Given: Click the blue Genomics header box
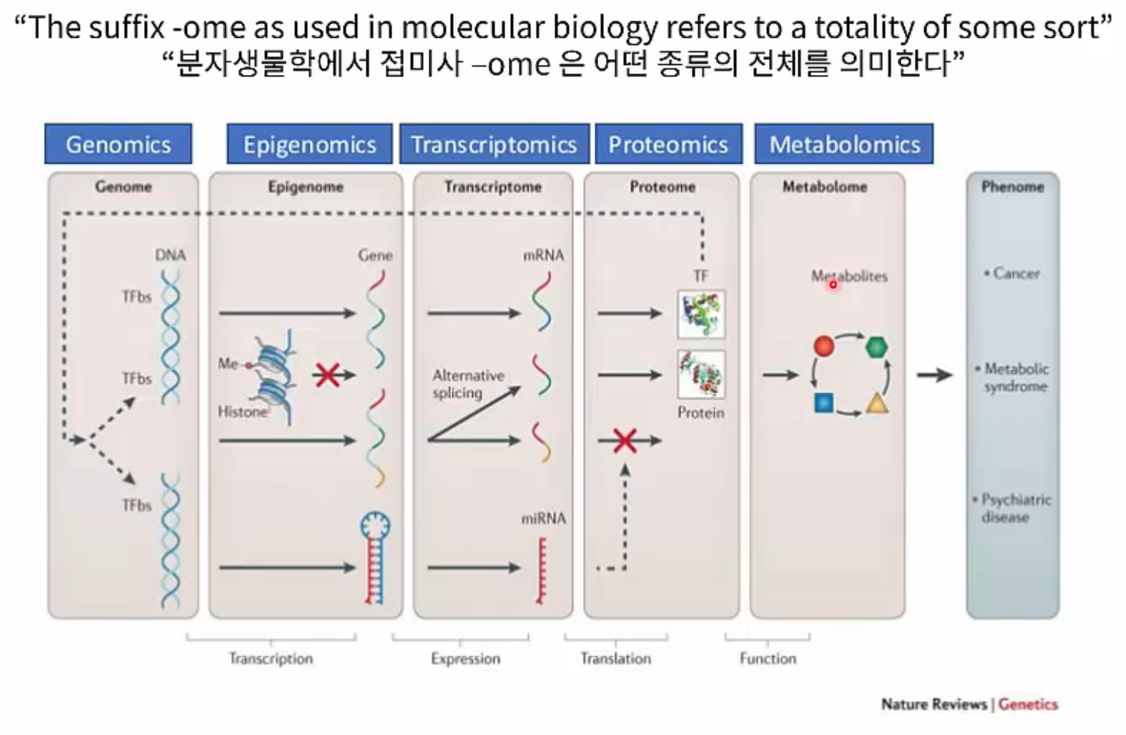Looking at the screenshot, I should pos(118,145).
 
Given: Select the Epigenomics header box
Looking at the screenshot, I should pos(309,145).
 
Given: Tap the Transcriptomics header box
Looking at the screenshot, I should pos(494,145).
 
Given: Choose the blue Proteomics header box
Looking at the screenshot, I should pos(668,145).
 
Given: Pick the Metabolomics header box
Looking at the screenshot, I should pos(845,145).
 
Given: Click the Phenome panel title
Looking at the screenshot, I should pos(1013,187).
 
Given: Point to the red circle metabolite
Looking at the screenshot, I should pos(825,346).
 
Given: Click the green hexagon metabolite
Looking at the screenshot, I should pos(877,346).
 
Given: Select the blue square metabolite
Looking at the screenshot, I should pos(825,403).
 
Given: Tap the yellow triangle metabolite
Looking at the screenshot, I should pos(877,404).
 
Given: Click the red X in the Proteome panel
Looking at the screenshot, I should pos(624,440).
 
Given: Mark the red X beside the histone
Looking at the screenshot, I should pos(328,375).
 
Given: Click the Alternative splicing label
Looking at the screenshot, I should pos(468,384).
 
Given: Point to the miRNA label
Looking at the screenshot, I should pos(543,519).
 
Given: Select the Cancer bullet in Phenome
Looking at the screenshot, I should pos(1013,274).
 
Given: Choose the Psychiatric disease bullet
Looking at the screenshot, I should pos(1015,508).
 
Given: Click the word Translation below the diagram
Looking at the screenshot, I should pos(616,659).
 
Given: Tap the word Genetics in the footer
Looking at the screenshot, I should pos(1028,704).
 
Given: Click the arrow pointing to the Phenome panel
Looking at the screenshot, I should pos(934,376).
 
